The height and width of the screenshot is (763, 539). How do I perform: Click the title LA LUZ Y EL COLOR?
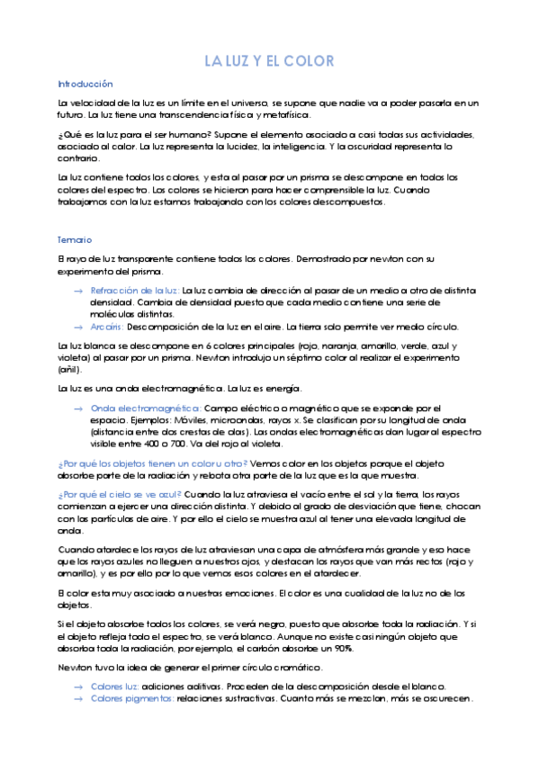[x=269, y=61]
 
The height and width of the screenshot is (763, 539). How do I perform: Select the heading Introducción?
[x=85, y=82]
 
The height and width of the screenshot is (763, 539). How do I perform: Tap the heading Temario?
[x=74, y=240]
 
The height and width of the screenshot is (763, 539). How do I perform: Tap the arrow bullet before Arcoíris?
[x=78, y=327]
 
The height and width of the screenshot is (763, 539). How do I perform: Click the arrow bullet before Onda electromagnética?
[x=78, y=408]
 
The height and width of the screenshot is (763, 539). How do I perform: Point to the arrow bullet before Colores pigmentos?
[x=78, y=698]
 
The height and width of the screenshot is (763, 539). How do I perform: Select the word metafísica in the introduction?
[x=285, y=115]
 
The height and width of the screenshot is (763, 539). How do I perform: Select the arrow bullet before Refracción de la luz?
[x=78, y=291]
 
